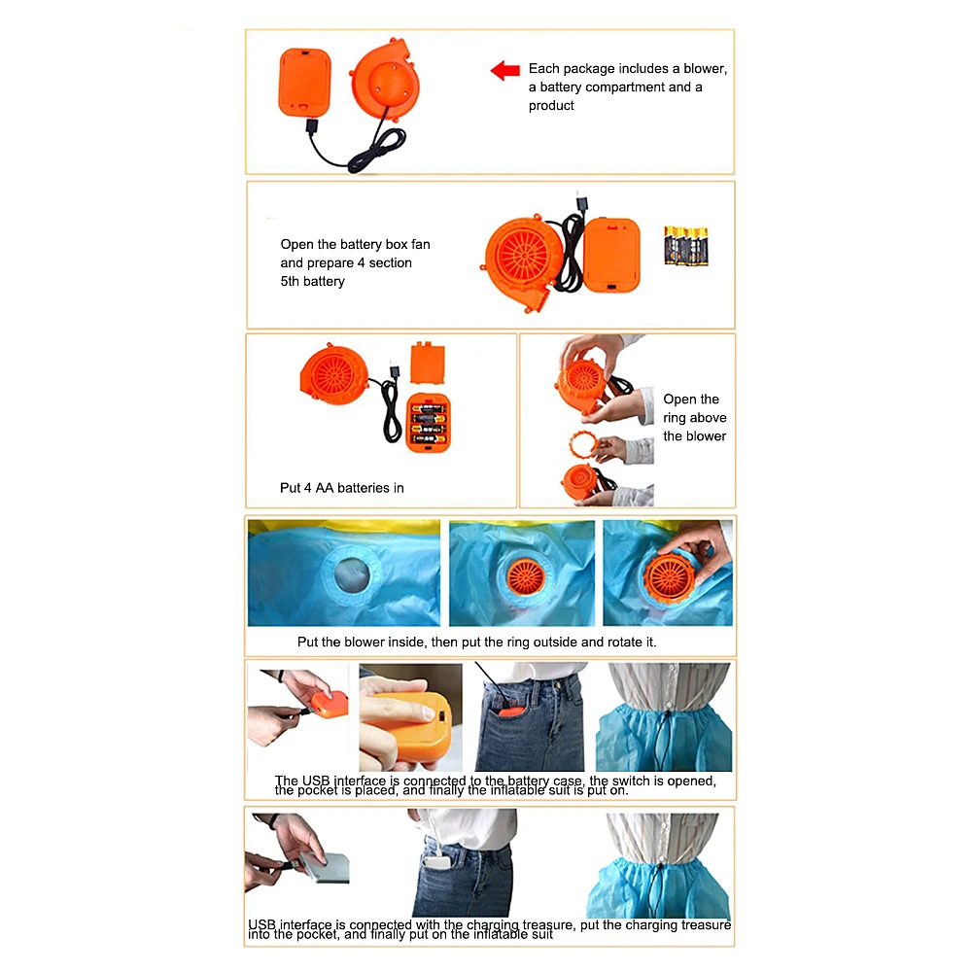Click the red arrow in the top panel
pos(504,70)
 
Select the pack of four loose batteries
pos(685,246)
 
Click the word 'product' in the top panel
pos(551,106)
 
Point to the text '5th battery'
pos(312,282)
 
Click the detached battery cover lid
pos(428,363)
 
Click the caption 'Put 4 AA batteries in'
pos(341,488)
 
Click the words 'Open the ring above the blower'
pos(694,418)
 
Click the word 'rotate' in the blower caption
pos(606,643)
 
